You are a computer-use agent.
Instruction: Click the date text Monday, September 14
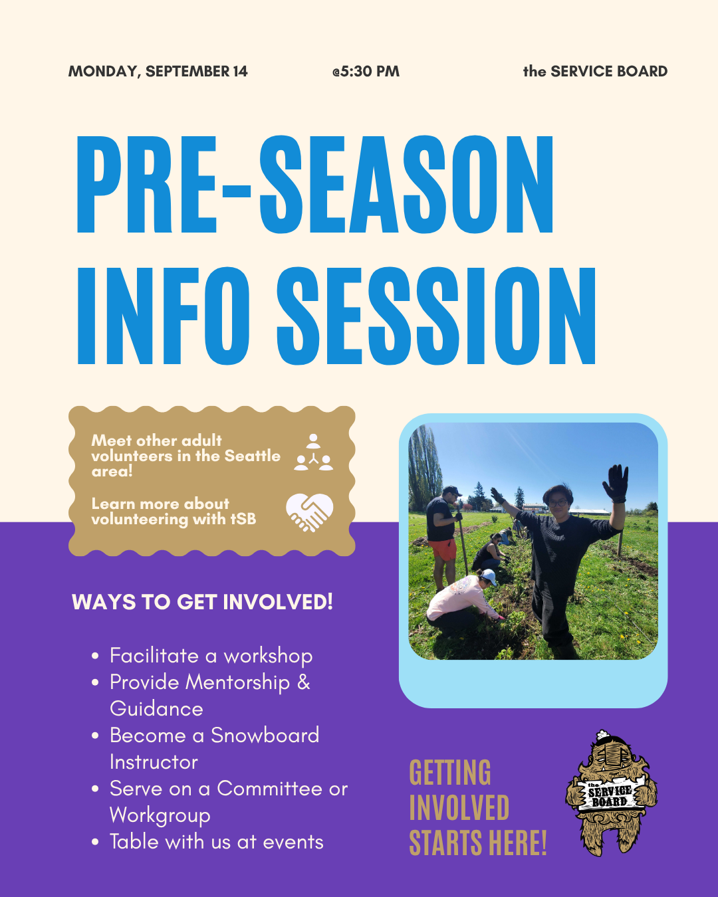pos(158,71)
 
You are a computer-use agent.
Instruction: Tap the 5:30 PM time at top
pos(366,71)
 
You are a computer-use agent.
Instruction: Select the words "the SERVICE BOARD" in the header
pos(596,71)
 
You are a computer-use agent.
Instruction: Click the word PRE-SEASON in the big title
pos(315,185)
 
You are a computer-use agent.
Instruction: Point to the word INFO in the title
pos(163,316)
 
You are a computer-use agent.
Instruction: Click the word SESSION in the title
pos(436,316)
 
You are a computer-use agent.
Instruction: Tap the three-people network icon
pos(313,452)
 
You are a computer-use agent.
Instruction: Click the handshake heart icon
pos(310,512)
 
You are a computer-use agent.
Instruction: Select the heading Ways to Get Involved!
pos(202,602)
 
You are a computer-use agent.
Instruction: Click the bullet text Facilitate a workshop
pos(211,656)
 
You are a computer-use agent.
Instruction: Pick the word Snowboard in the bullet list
pos(265,735)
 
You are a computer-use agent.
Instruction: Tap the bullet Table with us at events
pos(217,842)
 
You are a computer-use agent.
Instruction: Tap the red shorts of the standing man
pos(443,549)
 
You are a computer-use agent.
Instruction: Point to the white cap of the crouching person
pos(489,577)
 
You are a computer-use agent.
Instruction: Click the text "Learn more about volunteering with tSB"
pos(174,512)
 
